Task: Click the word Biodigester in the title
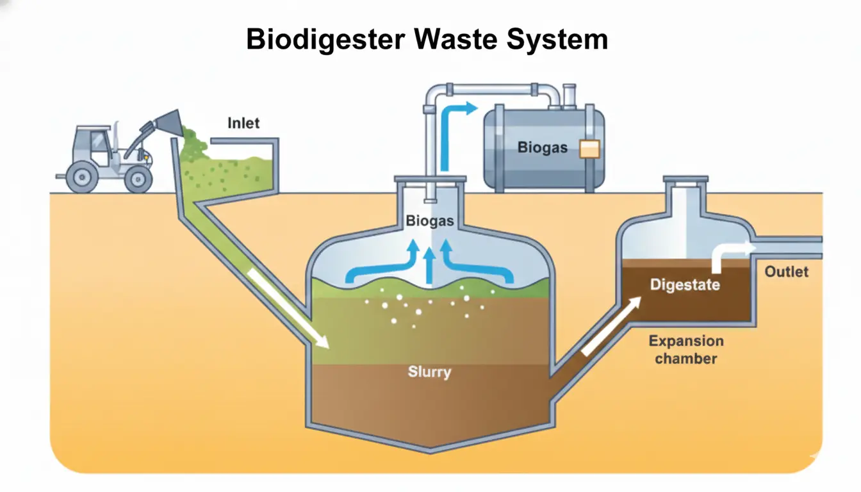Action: tap(325, 40)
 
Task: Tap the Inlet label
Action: tap(244, 122)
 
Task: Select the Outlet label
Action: tap(787, 272)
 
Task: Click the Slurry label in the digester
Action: tap(429, 372)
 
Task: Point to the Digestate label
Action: tap(685, 284)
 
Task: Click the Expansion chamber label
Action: tap(685, 350)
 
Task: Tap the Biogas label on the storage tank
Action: tap(543, 148)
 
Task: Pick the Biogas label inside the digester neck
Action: tap(429, 222)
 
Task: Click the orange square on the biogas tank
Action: tap(589, 149)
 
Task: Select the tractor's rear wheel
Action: tap(81, 176)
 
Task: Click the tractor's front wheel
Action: tap(137, 178)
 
